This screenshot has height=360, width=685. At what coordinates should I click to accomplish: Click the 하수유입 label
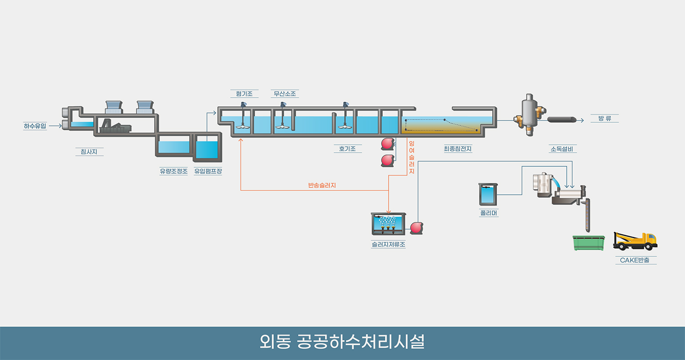(35, 126)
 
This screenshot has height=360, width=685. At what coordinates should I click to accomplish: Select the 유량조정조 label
(174, 171)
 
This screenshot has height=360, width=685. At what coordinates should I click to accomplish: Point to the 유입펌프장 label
(208, 171)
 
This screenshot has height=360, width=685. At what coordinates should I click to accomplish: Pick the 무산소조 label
(285, 94)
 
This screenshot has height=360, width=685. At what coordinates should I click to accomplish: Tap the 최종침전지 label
(457, 148)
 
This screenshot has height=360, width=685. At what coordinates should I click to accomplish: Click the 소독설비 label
(562, 148)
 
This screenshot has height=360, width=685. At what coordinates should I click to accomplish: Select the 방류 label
(605, 118)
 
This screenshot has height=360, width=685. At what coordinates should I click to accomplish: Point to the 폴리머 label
(488, 213)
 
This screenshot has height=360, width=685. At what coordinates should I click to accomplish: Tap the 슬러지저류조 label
(388, 244)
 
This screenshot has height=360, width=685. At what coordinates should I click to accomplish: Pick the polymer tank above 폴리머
(488, 195)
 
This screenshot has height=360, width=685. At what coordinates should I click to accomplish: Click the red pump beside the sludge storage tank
(416, 228)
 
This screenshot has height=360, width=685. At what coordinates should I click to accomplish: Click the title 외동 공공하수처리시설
(342, 342)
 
